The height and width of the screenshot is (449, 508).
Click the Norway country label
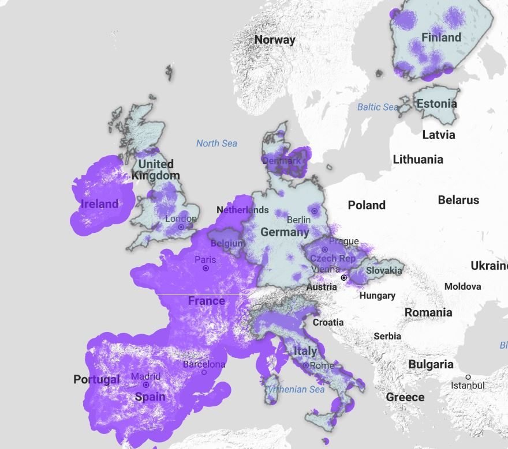click(x=275, y=40)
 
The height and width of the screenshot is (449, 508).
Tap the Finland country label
click(x=441, y=38)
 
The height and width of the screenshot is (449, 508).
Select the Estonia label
click(x=436, y=104)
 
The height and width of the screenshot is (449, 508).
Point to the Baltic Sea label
click(x=378, y=107)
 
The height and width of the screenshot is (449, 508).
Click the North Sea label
click(x=216, y=144)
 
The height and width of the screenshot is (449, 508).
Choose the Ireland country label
click(x=99, y=204)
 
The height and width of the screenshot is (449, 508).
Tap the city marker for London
click(x=181, y=227)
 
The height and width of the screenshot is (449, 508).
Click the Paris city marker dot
click(x=206, y=268)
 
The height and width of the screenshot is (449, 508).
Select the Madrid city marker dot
click(x=146, y=384)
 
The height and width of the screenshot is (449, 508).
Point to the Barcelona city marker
click(x=204, y=372)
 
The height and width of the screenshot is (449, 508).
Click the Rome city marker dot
click(x=305, y=365)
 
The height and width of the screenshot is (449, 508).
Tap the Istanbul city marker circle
click(x=468, y=377)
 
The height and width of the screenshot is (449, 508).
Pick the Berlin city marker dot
click(x=314, y=212)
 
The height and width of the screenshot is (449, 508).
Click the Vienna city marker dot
click(x=344, y=277)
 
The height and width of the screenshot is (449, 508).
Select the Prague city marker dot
click(x=325, y=250)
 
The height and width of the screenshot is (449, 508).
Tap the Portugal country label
click(x=96, y=379)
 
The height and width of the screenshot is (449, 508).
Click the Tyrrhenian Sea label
click(x=294, y=390)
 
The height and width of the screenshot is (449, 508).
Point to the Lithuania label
click(x=418, y=160)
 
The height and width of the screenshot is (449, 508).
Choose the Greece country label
click(x=405, y=397)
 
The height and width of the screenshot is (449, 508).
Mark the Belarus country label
click(x=458, y=200)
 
